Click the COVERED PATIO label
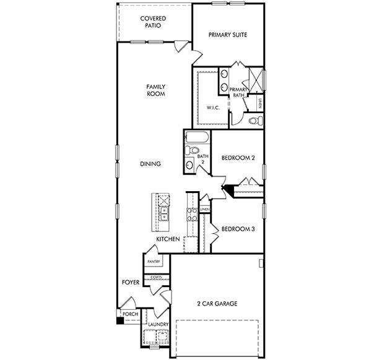[152, 23]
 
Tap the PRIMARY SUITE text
[227, 35]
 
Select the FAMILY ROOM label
[155, 90]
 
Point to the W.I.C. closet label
[213, 108]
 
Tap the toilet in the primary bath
[253, 121]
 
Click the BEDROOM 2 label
[238, 158]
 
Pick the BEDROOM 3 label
[238, 228]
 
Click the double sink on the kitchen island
[164, 215]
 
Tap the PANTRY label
[154, 262]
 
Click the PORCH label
[130, 314]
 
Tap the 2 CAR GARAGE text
[217, 303]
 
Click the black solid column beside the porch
[119, 320]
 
